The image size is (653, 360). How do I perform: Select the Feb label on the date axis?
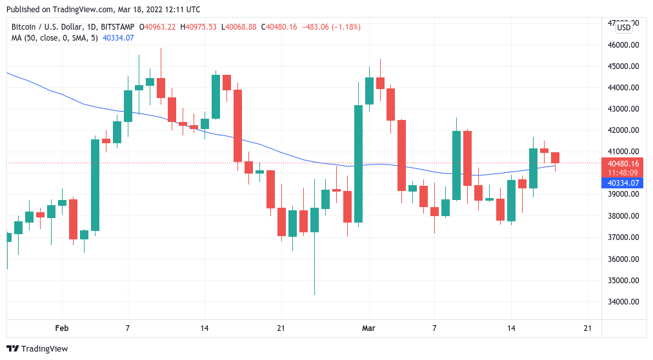pos(61,328)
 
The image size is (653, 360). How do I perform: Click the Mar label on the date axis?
pos(368,328)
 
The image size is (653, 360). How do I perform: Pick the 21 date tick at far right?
pos(587,328)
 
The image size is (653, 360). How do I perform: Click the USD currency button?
pos(624,27)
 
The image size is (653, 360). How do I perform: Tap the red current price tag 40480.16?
pos(623,163)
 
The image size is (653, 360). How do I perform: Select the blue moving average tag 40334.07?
pos(623,183)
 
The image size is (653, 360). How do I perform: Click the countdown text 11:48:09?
pos(623,173)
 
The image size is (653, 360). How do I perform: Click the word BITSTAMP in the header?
pos(118,27)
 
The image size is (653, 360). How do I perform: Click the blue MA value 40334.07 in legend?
pos(119,38)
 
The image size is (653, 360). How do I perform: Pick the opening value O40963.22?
pos(159,27)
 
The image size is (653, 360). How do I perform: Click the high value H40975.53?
pos(199,27)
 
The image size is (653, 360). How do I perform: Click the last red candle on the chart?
pos(555,157)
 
